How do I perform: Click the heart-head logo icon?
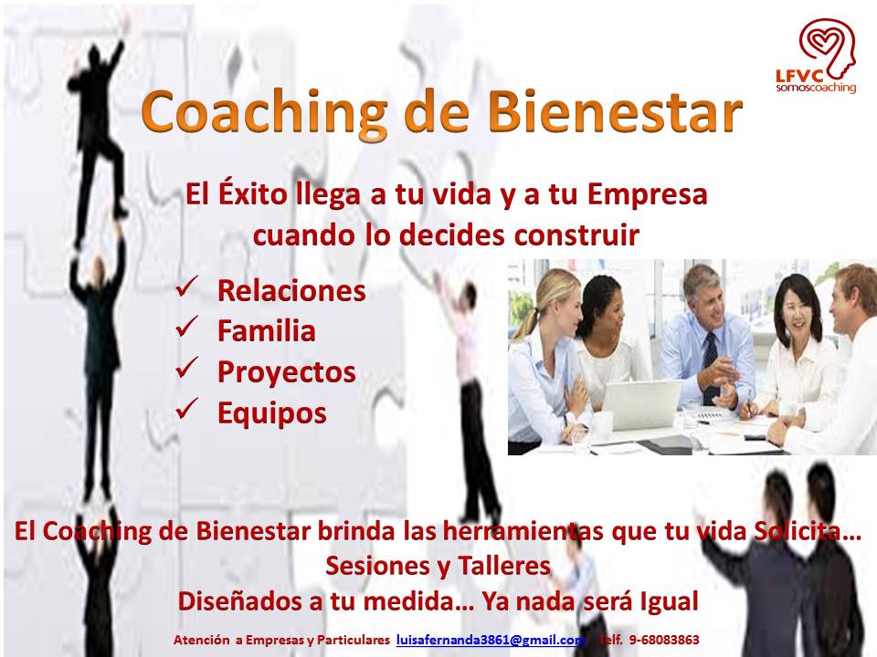[827, 47]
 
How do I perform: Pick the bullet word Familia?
[266, 330]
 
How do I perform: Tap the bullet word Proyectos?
[286, 372]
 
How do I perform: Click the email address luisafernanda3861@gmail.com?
[491, 640]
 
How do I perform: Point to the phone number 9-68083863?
[664, 639]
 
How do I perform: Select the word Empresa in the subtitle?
[647, 195]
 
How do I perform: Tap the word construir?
[576, 235]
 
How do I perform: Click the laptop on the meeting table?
[641, 405]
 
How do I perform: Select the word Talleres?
[504, 566]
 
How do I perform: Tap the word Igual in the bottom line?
[669, 601]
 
